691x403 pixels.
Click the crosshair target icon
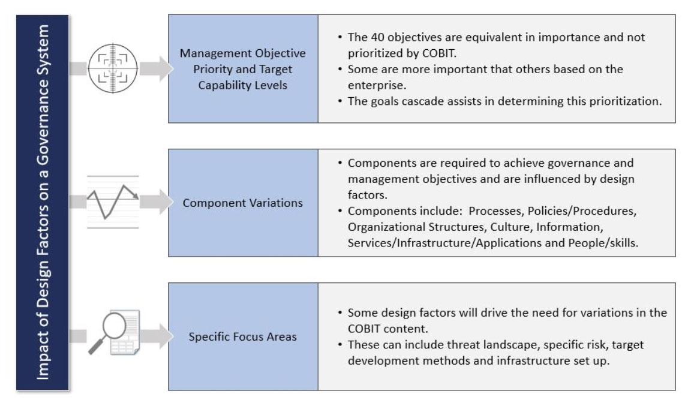(x=113, y=68)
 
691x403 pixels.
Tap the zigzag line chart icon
(x=113, y=202)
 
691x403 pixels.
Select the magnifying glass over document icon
(x=114, y=332)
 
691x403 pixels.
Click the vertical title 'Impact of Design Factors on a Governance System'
(x=43, y=202)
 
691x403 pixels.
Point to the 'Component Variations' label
(x=243, y=203)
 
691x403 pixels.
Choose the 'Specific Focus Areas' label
(x=243, y=336)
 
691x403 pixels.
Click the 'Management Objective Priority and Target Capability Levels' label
(x=243, y=69)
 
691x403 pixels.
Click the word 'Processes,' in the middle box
(x=496, y=211)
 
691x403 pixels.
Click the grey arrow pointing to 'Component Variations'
(x=157, y=201)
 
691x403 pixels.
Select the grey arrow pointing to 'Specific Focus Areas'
(x=157, y=336)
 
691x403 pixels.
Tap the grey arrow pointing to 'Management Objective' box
(x=157, y=68)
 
